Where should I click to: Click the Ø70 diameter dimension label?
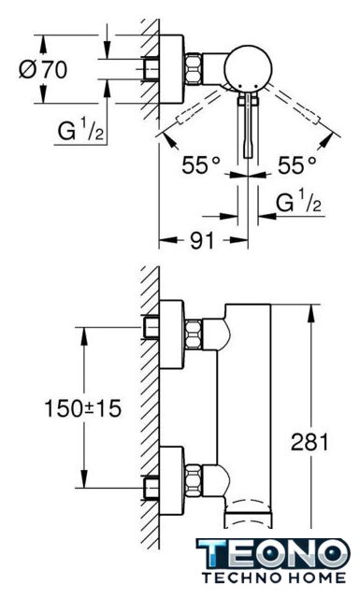(x=43, y=69)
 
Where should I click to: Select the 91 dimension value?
(x=202, y=240)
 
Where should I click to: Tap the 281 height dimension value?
(x=310, y=442)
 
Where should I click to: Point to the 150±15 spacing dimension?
(x=83, y=408)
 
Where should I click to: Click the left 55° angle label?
(x=201, y=165)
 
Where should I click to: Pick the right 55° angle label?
(x=297, y=165)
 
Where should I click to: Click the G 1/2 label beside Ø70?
(x=80, y=130)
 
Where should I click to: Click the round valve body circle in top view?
(x=248, y=68)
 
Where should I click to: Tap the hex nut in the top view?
(x=194, y=68)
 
